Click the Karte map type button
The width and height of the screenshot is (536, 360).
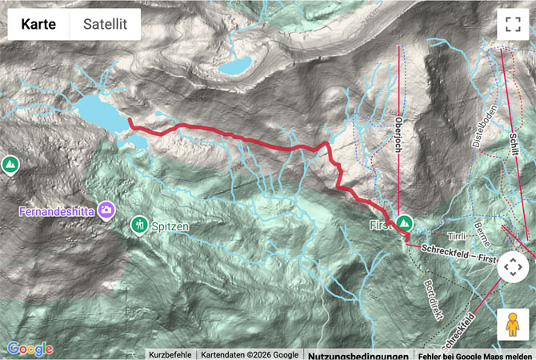[x=38, y=25]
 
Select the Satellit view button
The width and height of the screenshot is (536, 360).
[x=105, y=25]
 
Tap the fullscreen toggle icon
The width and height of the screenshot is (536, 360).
[x=512, y=25]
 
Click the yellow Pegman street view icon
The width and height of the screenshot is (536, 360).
[x=512, y=324]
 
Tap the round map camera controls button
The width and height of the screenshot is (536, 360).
[x=512, y=267]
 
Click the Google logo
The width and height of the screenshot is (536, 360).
[x=30, y=349]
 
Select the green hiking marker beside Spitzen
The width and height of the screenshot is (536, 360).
[x=140, y=225]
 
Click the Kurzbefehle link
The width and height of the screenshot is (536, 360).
[x=170, y=354]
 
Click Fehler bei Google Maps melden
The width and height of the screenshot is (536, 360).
[x=474, y=354]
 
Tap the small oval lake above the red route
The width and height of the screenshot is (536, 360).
[x=236, y=65]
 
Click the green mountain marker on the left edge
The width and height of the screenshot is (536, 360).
[x=10, y=166]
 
